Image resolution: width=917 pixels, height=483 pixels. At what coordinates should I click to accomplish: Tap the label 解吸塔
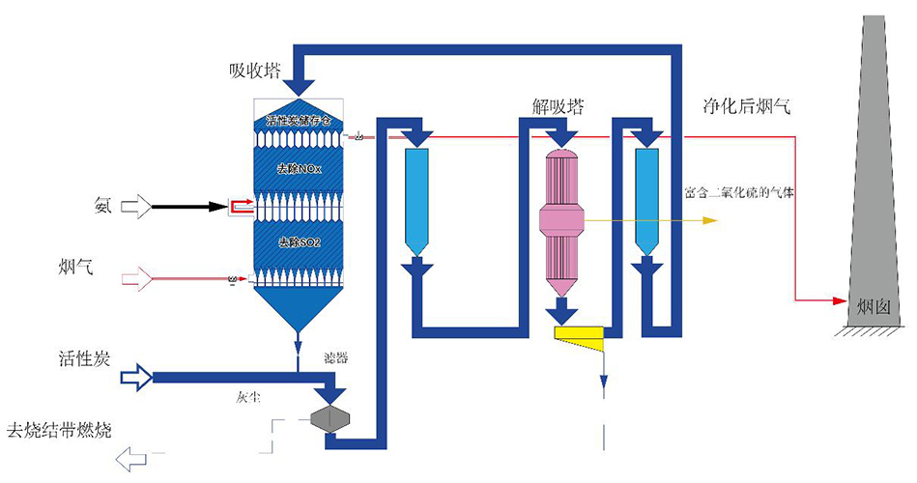558,104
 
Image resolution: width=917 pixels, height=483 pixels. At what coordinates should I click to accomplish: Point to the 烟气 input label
76,268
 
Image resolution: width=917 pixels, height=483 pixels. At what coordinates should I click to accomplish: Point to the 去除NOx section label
300,169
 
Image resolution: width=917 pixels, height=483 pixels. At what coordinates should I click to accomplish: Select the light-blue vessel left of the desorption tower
416,201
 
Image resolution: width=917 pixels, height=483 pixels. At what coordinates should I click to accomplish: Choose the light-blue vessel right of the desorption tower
645,201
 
